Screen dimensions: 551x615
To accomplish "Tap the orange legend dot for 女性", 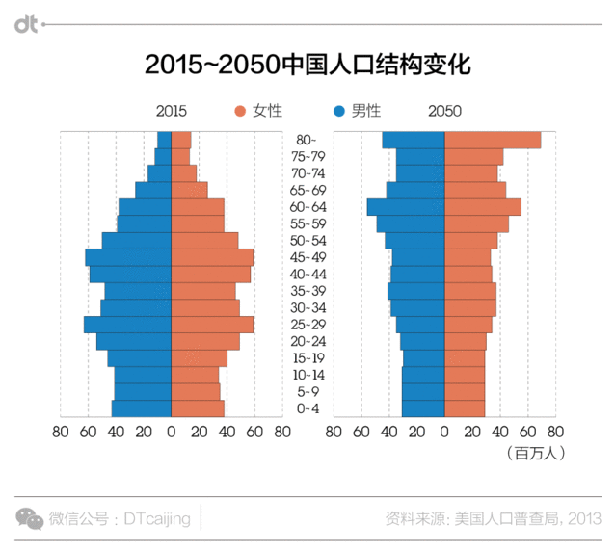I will click(240, 111).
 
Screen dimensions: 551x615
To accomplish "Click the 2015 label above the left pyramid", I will click(171, 111).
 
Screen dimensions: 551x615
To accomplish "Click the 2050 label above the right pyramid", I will click(444, 111).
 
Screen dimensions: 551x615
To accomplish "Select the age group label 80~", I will click(307, 141).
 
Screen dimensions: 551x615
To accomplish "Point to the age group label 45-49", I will click(307, 257).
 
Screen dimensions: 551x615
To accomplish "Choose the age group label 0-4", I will click(307, 408).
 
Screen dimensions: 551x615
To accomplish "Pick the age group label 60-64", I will click(307, 207).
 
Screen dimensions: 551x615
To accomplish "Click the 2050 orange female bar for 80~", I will click(492, 141).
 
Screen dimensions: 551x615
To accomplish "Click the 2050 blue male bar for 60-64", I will click(406, 207).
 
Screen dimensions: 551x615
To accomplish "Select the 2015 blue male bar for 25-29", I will click(127, 325).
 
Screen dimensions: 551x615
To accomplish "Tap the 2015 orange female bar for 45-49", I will click(211, 257).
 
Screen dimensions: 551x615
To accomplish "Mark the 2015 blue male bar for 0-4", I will click(142, 408).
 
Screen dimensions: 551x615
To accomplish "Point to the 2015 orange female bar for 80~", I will click(180, 141).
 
